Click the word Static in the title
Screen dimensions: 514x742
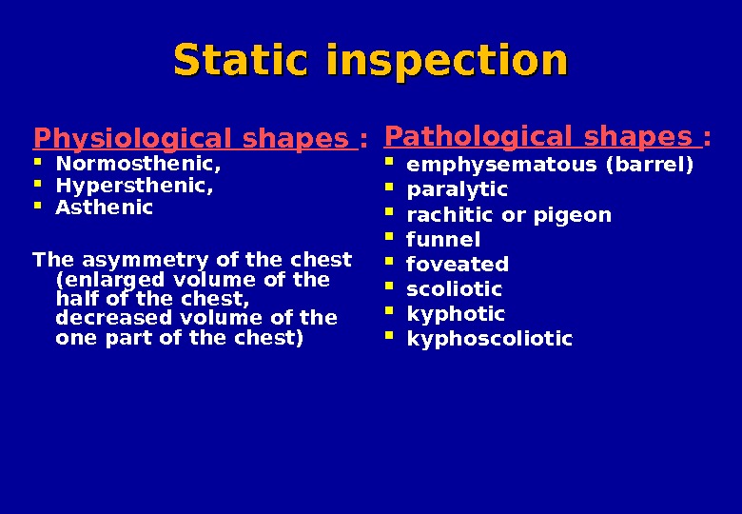click(243, 61)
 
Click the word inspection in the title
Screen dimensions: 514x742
click(446, 61)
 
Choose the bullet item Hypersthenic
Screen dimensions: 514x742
click(134, 186)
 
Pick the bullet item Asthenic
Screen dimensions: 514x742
click(104, 207)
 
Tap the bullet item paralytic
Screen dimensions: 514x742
click(457, 189)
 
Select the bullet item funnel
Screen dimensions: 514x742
click(443, 239)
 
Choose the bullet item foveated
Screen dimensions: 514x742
click(457, 264)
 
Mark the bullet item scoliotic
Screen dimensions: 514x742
click(454, 288)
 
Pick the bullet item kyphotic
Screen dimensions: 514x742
click(455, 313)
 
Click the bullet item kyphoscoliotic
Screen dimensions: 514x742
click(489, 338)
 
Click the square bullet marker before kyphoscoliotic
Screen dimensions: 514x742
click(388, 336)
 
